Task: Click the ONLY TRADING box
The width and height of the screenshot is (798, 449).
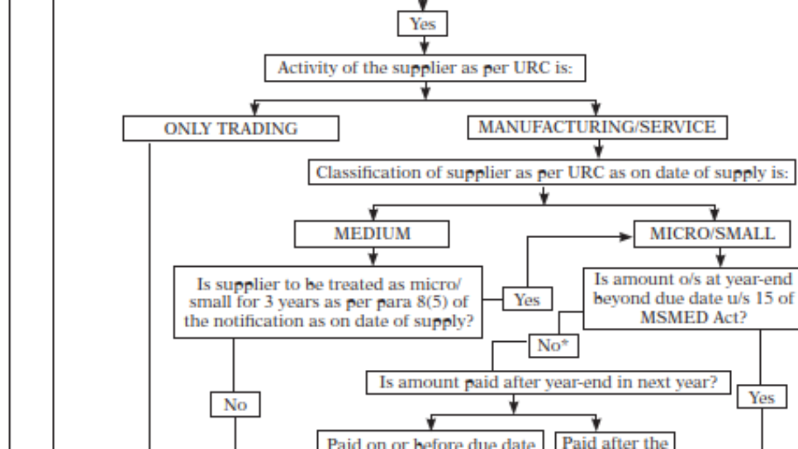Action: [x=230, y=128]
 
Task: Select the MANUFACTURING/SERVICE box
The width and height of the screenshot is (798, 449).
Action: [x=597, y=127]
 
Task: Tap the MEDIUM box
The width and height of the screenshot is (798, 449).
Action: [x=372, y=234]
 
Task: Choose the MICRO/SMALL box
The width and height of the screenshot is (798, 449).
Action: [x=712, y=234]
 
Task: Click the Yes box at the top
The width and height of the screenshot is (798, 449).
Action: [x=422, y=25]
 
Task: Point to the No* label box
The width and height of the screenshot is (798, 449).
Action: [x=553, y=346]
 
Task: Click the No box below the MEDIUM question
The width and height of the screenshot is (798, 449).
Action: [x=235, y=404]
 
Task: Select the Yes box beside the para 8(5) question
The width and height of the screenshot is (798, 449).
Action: [x=527, y=300]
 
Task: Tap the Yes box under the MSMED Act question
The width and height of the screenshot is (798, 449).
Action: [x=761, y=398]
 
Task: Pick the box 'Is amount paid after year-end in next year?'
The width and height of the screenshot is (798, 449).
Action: [x=548, y=382]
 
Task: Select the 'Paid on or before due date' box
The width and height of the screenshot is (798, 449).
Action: [x=431, y=442]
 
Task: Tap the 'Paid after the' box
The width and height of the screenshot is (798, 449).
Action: [x=615, y=442]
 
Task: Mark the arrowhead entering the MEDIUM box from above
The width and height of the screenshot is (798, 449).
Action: [x=373, y=215]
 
